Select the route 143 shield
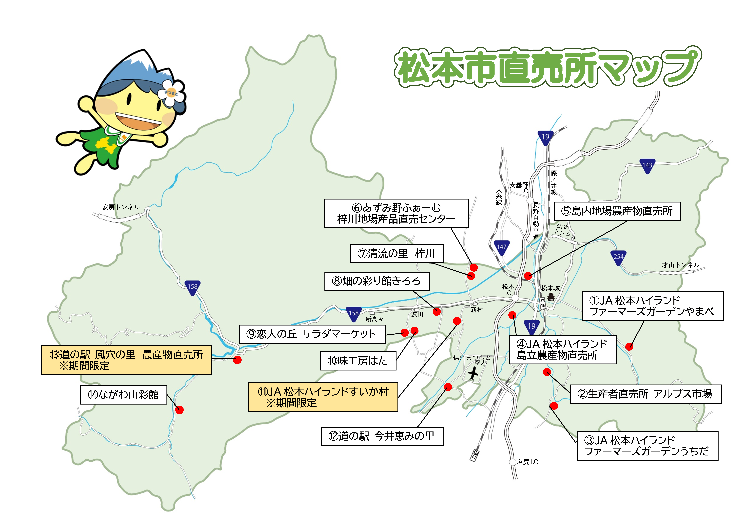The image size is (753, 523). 647,166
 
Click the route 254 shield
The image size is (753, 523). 618,257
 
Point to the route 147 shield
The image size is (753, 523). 501,247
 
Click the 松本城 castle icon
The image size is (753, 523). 551,297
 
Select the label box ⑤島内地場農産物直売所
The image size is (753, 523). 617,211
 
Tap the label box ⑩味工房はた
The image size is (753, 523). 358,361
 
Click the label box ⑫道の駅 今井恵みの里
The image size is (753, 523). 382,436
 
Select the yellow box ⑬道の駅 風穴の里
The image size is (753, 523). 126,360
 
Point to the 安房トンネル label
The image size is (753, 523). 121,207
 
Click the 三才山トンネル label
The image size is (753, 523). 677,265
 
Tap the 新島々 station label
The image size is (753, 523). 374,319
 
